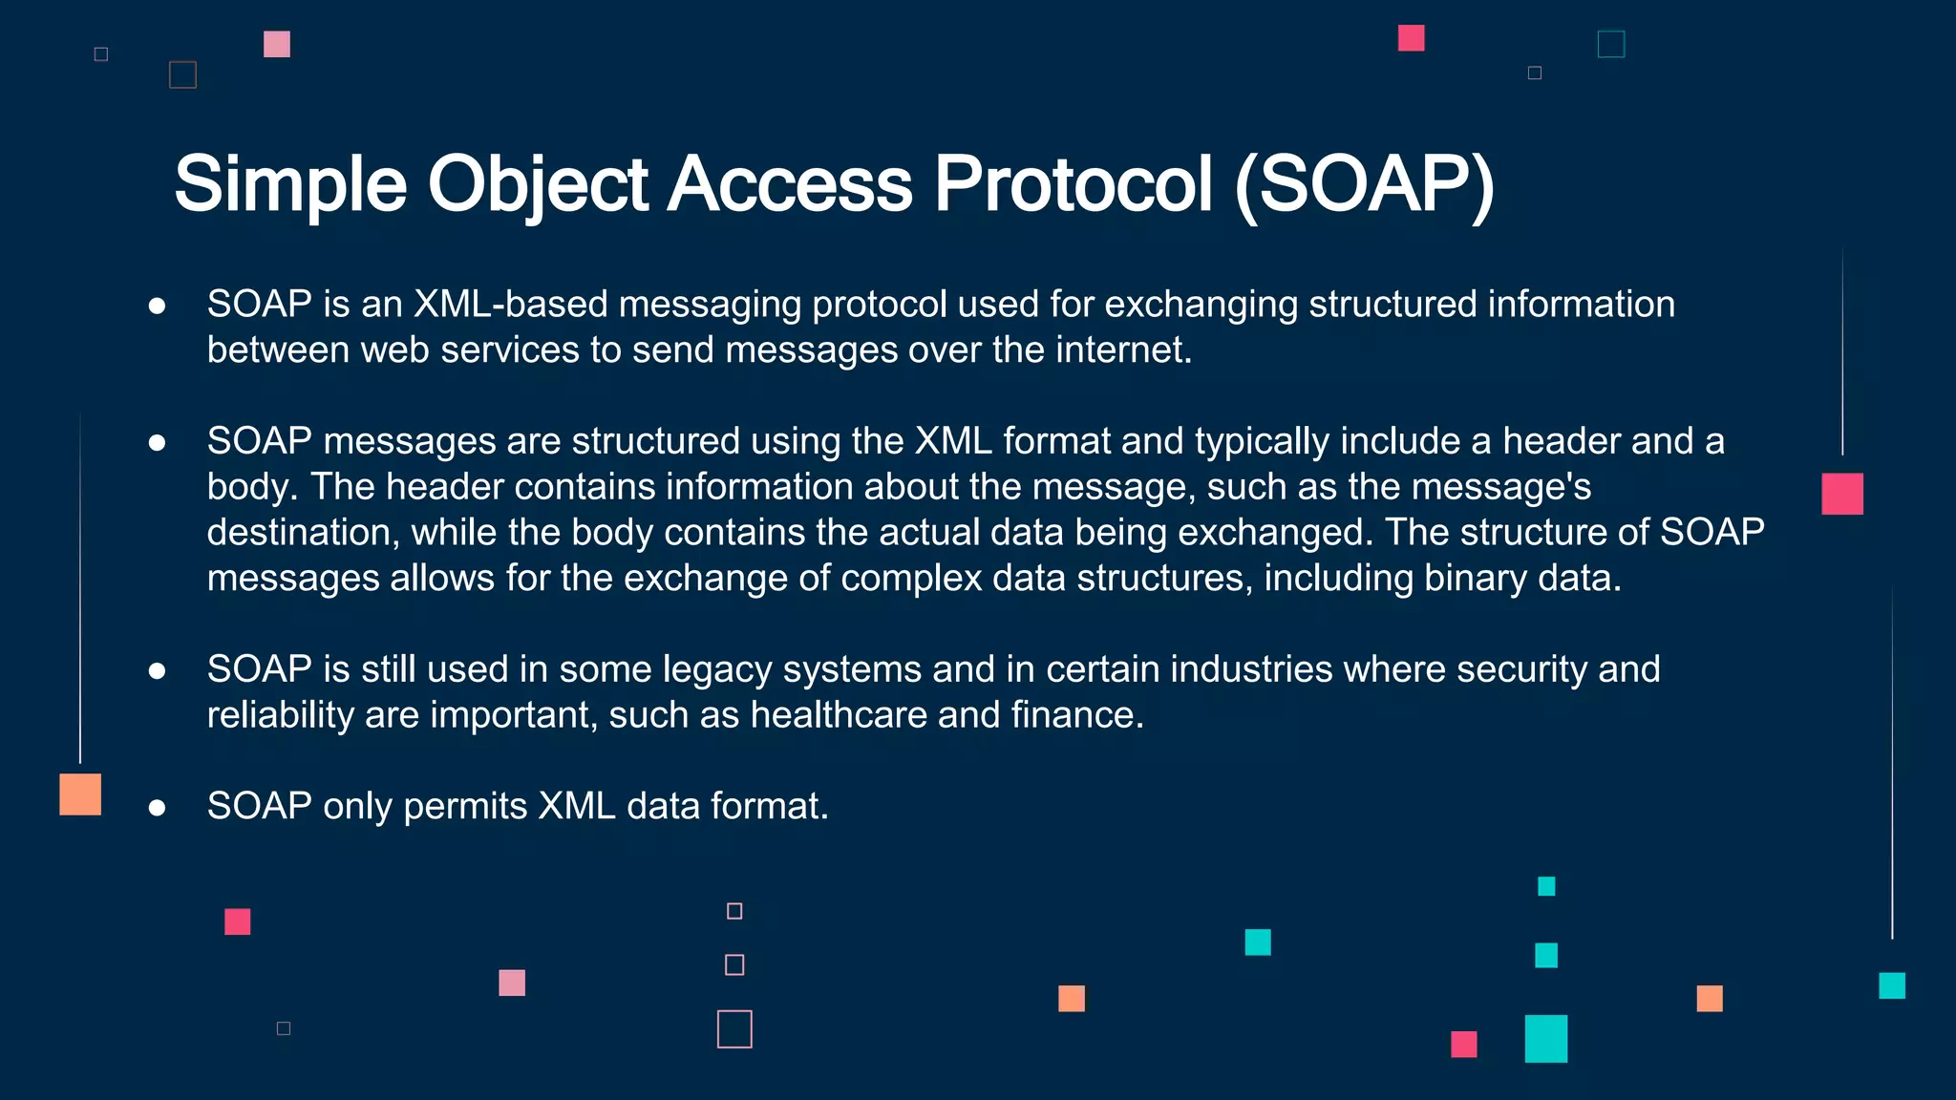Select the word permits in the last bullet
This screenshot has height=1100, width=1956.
pyautogui.click(x=465, y=807)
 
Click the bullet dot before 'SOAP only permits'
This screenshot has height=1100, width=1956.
pyautogui.click(x=158, y=809)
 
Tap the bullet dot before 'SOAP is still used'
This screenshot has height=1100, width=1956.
pyautogui.click(x=158, y=671)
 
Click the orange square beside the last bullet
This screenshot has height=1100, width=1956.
pyautogui.click(x=80, y=794)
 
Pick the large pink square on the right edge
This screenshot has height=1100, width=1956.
pyautogui.click(x=1841, y=494)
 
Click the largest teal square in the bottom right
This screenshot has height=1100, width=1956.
pyautogui.click(x=1545, y=1039)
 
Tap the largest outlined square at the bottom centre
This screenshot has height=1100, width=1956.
pyautogui.click(x=734, y=1029)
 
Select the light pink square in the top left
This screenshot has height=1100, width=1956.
pyautogui.click(x=277, y=44)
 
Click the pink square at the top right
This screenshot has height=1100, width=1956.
pyautogui.click(x=1411, y=38)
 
